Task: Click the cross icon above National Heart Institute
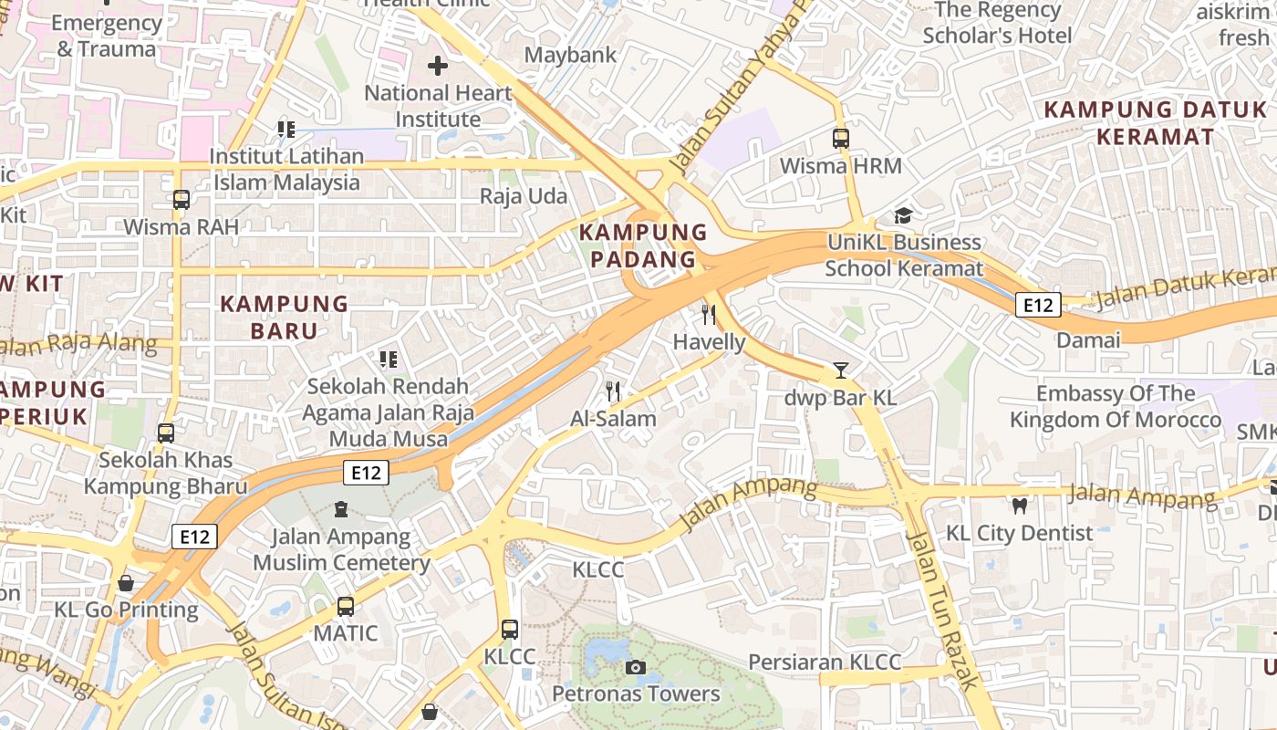[438, 66]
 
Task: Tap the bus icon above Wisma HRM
[841, 139]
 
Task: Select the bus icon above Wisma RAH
[182, 199]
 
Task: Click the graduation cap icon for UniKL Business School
[903, 215]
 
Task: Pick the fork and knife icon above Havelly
[709, 315]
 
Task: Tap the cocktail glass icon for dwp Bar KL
[841, 370]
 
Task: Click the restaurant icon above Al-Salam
[613, 391]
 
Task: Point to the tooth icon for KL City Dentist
[1019, 506]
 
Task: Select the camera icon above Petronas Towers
[636, 667]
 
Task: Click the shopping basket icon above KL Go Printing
[126, 582]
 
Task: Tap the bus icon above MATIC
[346, 606]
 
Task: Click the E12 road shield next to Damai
[1038, 305]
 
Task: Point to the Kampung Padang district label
[643, 245]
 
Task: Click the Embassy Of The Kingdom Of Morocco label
[1115, 407]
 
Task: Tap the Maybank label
[570, 55]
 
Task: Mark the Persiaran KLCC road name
[825, 662]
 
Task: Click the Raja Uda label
[524, 196]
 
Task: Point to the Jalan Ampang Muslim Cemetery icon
[341, 508]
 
